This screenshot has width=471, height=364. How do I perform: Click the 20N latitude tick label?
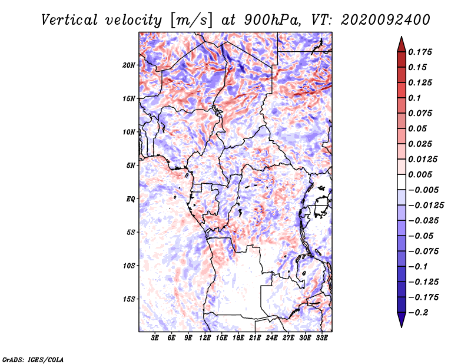129,65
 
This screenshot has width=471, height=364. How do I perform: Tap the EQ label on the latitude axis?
131,199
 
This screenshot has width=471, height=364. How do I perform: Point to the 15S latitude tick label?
129,299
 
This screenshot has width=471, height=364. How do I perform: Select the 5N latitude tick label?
131,166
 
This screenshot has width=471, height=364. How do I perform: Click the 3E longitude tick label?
155,337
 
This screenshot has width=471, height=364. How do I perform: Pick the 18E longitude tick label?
238,337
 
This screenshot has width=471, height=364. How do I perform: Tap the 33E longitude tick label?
321,337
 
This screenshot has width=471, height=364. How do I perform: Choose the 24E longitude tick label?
271,337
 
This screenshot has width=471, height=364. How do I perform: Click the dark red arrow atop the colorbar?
401,42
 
